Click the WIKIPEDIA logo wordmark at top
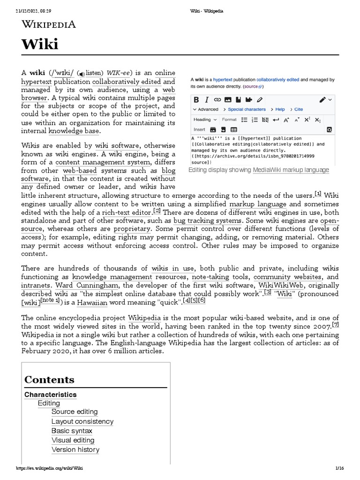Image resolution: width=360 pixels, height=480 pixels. tap(49, 24)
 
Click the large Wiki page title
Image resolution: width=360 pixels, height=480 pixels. tap(40, 45)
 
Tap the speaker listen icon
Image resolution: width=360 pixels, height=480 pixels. tap(82, 74)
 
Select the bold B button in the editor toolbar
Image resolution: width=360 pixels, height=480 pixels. tap(196, 99)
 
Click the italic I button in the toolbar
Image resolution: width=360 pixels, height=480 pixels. tap(206, 99)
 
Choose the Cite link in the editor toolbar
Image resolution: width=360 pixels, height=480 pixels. tap(298, 109)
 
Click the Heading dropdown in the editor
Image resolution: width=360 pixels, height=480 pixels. tap(205, 120)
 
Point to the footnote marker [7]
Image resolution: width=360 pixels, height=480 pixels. tap(335, 325)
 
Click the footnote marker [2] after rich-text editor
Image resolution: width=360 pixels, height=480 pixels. tap(157, 211)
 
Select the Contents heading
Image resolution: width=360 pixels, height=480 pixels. tap(49, 379)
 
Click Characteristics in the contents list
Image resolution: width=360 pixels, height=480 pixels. tap(50, 395)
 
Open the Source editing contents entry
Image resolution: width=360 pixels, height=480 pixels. tap(75, 412)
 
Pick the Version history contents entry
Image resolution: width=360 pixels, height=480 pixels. tap(75, 450)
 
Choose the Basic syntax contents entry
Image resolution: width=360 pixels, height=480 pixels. tap(72, 431)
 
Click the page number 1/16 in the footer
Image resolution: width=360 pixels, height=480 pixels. tap(340, 469)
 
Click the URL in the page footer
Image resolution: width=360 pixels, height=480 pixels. tap(50, 469)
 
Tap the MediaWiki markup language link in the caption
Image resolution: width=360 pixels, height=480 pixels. tap(291, 170)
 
